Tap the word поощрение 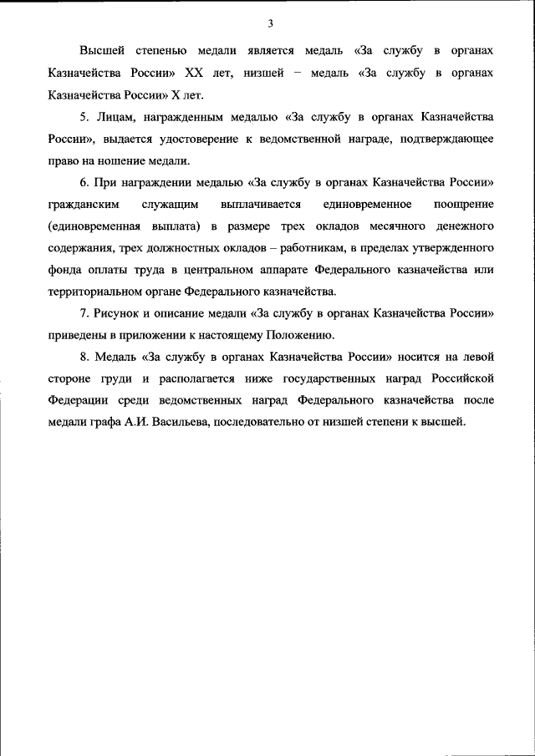pos(464,204)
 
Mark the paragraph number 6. pos(84,182)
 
